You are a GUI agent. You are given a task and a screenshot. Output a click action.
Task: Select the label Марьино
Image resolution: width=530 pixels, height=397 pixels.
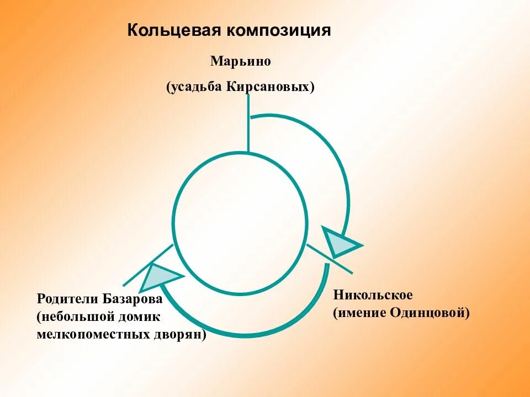240,61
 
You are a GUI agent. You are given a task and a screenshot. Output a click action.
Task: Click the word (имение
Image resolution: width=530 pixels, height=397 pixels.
360,313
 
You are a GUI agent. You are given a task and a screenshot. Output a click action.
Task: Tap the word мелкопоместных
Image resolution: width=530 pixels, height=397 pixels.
93,334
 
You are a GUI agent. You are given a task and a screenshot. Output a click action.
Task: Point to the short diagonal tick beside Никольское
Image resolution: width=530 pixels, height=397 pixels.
330,259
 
